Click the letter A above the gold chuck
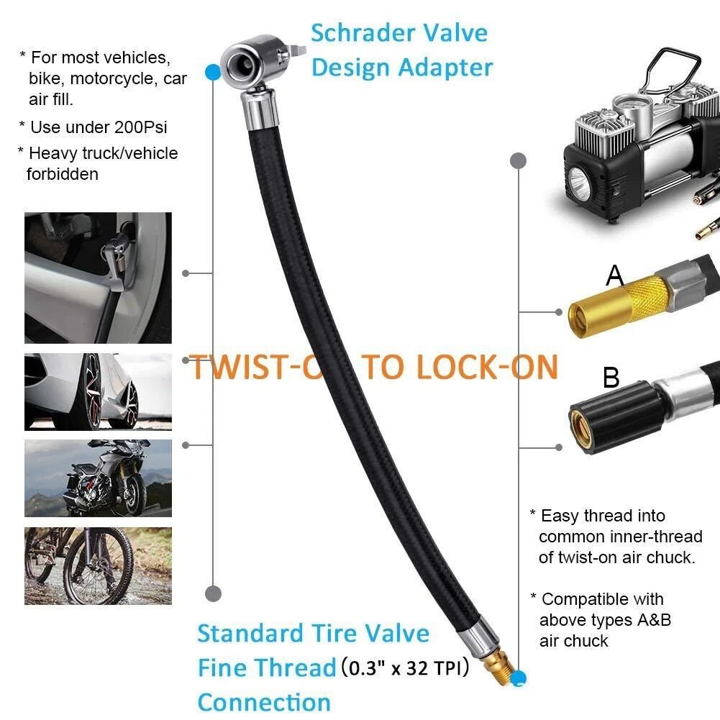coord(614,275)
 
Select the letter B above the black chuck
coord(611,378)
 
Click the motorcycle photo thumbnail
coord(98,478)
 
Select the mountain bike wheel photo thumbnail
coord(98,565)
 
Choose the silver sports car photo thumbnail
coord(98,391)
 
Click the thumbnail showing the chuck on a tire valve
coord(98,277)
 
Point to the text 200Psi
coord(140,127)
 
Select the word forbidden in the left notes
coord(62,173)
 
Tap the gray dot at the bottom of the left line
coord(213,593)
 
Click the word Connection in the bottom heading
coord(264,702)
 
